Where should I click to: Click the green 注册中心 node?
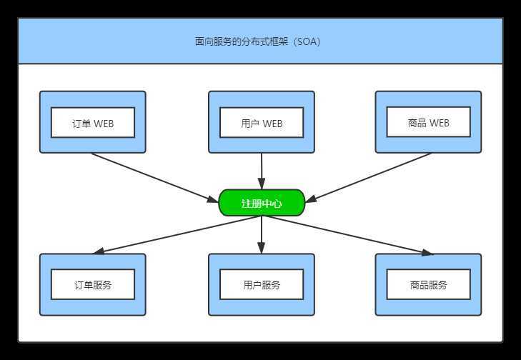[x=262, y=203]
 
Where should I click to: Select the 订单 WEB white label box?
[x=93, y=122]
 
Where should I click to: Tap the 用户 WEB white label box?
[x=262, y=122]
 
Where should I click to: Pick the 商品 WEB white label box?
[x=429, y=122]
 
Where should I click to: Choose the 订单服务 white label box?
[x=93, y=284]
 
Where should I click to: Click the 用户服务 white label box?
[x=262, y=284]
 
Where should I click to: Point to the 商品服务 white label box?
[x=429, y=284]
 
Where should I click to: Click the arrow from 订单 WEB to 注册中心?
[x=154, y=176]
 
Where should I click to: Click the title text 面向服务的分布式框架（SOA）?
[x=258, y=41]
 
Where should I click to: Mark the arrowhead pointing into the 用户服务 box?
[x=262, y=249]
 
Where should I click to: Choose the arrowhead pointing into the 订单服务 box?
[x=99, y=251]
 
